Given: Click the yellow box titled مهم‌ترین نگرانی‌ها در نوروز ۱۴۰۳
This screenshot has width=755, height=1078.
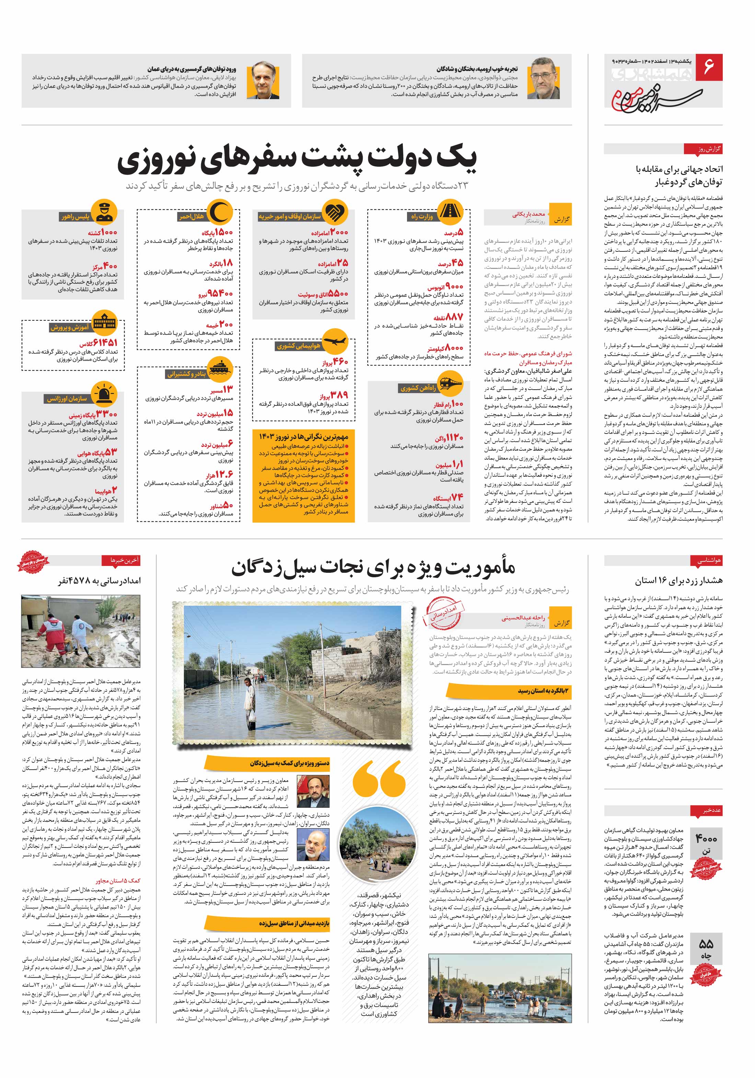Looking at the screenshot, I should [x=303, y=475].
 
